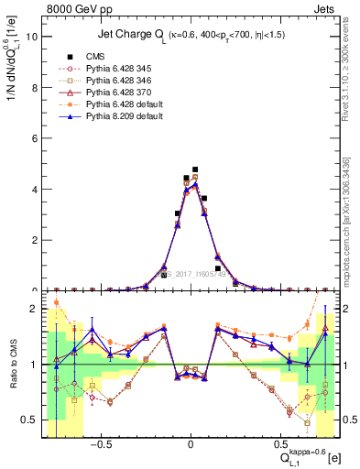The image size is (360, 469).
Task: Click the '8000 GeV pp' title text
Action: pos(73,7)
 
